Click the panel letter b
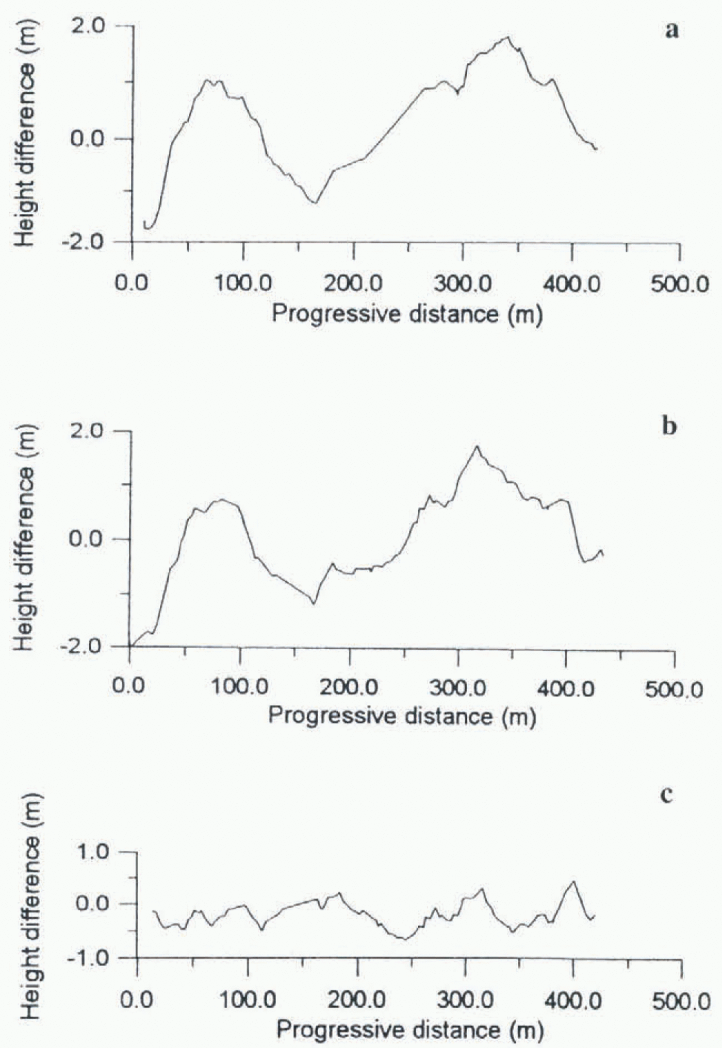pos(669,427)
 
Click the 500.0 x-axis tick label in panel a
pos(680,284)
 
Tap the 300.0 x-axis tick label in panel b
pos(458,688)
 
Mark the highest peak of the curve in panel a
pos(508,37)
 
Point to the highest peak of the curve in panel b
pos(477,447)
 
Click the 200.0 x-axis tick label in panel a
pos(354,284)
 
